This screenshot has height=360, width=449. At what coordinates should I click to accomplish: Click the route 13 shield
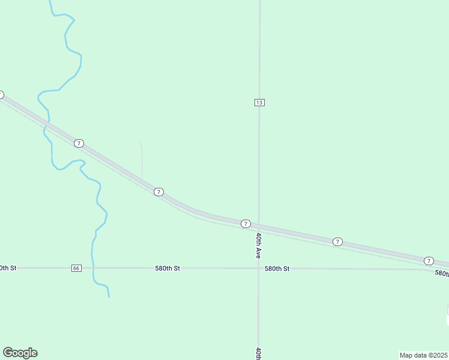coord(259,103)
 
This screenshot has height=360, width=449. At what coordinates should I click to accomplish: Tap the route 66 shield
coord(76,268)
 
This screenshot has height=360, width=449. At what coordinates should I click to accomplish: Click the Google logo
coord(20,353)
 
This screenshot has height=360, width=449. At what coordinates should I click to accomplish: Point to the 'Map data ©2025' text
coord(424,355)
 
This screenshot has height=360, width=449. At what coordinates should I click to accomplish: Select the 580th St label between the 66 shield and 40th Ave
coord(167,268)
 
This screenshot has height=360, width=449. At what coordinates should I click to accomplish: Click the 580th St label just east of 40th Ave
coord(277,269)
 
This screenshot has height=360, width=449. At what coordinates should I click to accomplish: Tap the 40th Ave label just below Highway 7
coord(259,245)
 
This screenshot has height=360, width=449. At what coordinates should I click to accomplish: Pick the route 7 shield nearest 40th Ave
coord(246,224)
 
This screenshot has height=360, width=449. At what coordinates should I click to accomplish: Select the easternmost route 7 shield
coord(429,260)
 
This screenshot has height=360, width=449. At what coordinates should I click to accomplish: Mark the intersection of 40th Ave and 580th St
coord(259,268)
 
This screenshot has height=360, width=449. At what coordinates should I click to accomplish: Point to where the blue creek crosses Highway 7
coord(47,122)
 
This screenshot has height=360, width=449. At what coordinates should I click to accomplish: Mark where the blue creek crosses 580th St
coord(93,268)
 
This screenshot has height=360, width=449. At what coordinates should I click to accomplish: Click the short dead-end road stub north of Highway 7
coord(142,159)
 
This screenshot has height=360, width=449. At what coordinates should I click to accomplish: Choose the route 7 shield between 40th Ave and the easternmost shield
coord(337,241)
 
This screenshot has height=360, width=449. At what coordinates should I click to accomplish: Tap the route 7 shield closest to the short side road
coord(158,192)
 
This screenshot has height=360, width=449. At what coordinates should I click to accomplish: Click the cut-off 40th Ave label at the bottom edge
coord(259,353)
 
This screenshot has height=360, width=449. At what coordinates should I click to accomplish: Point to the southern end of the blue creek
coord(109,296)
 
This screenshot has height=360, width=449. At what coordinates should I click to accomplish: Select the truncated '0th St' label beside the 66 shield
coord(8,268)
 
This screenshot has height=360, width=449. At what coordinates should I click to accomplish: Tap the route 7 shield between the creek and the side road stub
coord(79,143)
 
